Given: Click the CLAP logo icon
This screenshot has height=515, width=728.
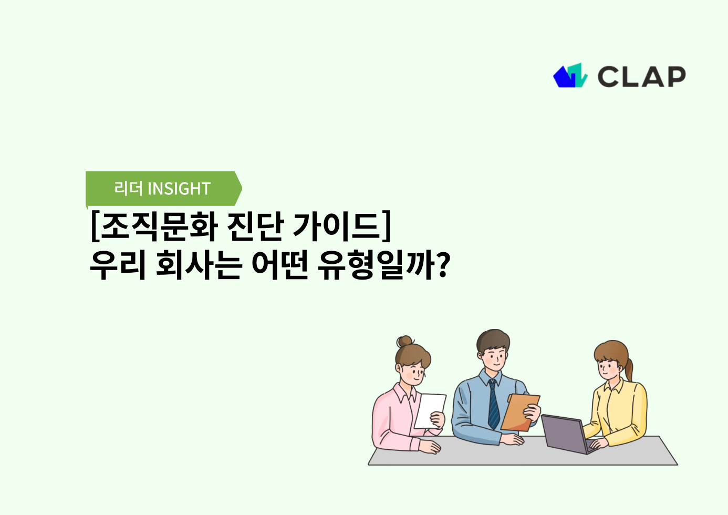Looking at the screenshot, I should pos(570,76).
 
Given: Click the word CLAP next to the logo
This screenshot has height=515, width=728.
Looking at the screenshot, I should pos(641,77).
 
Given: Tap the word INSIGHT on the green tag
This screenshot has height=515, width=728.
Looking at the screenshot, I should pos(179,189).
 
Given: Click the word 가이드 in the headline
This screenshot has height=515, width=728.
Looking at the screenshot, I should pos(336,226).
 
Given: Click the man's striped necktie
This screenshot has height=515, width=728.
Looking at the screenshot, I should pos(493,404).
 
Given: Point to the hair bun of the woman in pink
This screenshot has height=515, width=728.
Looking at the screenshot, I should pos(405,342).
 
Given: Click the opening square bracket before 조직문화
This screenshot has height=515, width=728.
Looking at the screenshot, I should pos(95,226).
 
